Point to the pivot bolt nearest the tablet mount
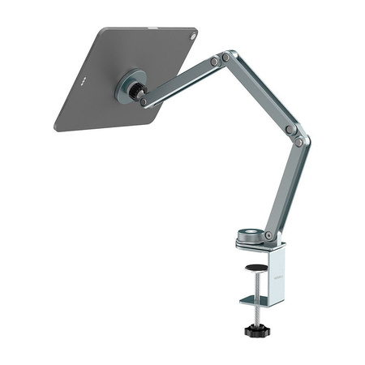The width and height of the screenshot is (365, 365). click(144, 102)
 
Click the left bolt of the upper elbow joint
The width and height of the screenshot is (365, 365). click(214, 61)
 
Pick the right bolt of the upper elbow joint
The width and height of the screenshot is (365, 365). click(226, 57)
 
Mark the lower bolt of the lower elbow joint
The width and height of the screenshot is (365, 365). click(299, 142)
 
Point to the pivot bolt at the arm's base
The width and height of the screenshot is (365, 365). click(268, 235)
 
